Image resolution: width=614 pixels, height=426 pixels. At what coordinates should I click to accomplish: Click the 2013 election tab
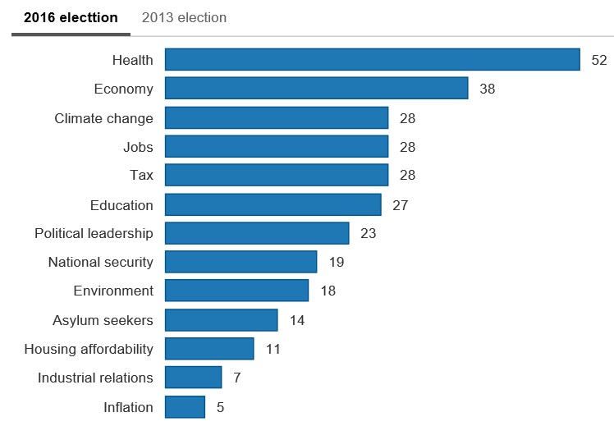[184, 17]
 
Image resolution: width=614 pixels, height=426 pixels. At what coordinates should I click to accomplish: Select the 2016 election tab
[71, 17]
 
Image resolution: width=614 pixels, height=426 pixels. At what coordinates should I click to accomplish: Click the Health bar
[373, 59]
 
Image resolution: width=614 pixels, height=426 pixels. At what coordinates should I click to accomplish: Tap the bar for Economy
[316, 88]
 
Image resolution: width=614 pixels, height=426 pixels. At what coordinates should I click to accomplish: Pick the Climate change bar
[277, 117]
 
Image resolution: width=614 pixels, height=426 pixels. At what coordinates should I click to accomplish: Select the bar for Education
[273, 204]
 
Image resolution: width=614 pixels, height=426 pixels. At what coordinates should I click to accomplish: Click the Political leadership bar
[257, 233]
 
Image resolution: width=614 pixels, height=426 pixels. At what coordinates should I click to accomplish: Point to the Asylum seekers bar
[222, 319]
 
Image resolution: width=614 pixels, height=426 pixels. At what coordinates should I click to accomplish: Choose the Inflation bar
[185, 406]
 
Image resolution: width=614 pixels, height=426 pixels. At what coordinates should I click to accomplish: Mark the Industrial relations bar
[194, 377]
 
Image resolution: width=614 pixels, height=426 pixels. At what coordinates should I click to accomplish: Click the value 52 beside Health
[598, 60]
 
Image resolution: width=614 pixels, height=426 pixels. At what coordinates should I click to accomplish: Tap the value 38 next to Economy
[487, 89]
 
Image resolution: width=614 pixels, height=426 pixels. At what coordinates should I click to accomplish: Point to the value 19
[336, 263]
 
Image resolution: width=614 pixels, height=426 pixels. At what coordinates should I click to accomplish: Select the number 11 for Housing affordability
[273, 349]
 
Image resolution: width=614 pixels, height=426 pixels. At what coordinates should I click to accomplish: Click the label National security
[100, 262]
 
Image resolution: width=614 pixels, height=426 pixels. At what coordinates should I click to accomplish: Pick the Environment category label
[113, 291]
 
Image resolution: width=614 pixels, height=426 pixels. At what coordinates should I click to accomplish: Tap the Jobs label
[138, 147]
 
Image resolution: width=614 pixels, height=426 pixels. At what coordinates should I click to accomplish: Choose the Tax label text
[141, 175]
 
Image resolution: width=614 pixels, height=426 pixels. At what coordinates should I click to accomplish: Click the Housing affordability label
[89, 349]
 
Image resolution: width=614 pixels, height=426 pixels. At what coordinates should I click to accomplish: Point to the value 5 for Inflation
[220, 407]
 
